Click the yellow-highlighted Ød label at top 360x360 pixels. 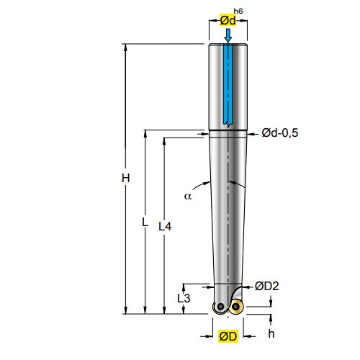[x=228, y=20]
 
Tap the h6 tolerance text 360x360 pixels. [x=238, y=11]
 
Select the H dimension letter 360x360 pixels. [x=126, y=178]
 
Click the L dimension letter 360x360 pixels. [x=145, y=222]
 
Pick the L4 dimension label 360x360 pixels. [x=165, y=226]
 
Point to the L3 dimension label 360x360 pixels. [x=184, y=298]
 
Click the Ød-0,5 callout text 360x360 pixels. [x=280, y=132]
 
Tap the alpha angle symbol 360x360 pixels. [x=188, y=197]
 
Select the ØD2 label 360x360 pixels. [x=267, y=286]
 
